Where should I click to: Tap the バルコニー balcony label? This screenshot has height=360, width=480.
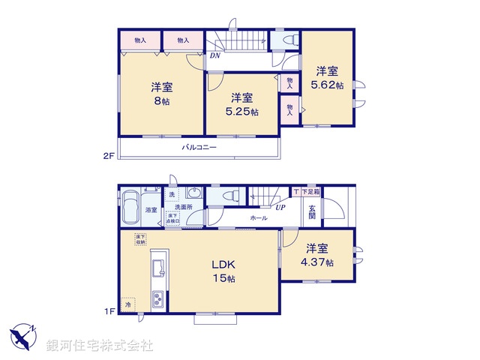pos(199,148)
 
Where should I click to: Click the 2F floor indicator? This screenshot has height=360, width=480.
pos(108,156)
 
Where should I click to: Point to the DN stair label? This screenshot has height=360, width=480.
pos(214,55)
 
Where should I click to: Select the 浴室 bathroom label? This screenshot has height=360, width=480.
pos(151,209)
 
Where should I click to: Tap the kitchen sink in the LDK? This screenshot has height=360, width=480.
pos(159,268)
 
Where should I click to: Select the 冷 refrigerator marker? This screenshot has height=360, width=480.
pos(129,304)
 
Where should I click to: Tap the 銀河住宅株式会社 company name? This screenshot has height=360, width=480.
pos(100,345)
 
